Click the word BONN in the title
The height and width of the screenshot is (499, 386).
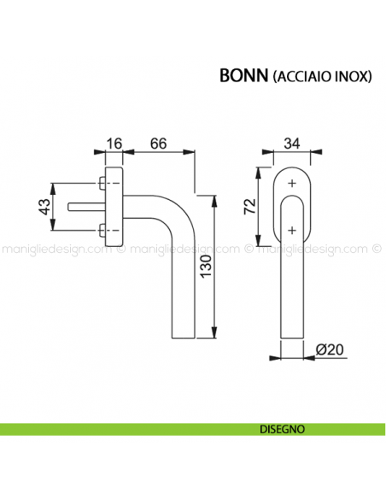(x=243, y=74)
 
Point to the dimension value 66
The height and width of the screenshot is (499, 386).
(x=159, y=143)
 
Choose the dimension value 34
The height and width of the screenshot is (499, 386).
(x=292, y=143)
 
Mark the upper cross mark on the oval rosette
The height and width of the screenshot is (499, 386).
(x=292, y=184)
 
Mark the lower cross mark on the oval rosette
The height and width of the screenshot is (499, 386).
(x=292, y=228)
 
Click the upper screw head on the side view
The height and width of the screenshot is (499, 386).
(x=102, y=184)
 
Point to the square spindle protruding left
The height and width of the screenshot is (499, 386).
(x=80, y=206)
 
